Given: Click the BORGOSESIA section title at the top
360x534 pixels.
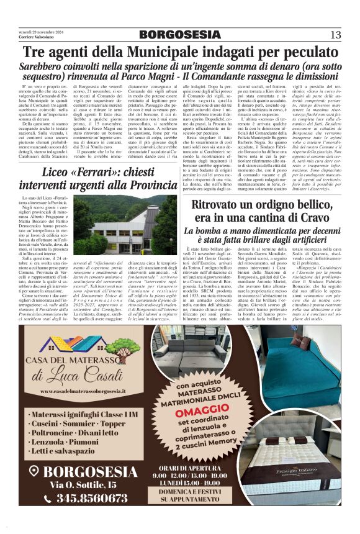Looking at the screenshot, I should [x=179, y=34].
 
